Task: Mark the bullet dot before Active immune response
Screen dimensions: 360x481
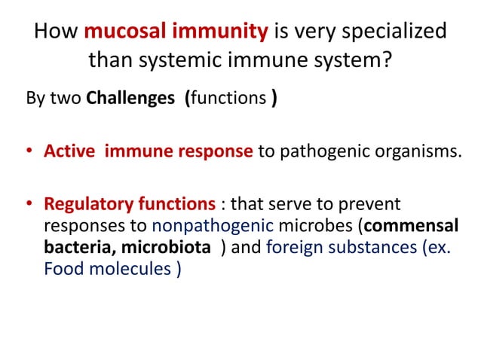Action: (27, 151)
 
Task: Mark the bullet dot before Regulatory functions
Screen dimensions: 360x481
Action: (27, 203)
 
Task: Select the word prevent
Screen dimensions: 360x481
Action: (375, 203)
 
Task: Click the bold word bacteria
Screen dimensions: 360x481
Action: (78, 246)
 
